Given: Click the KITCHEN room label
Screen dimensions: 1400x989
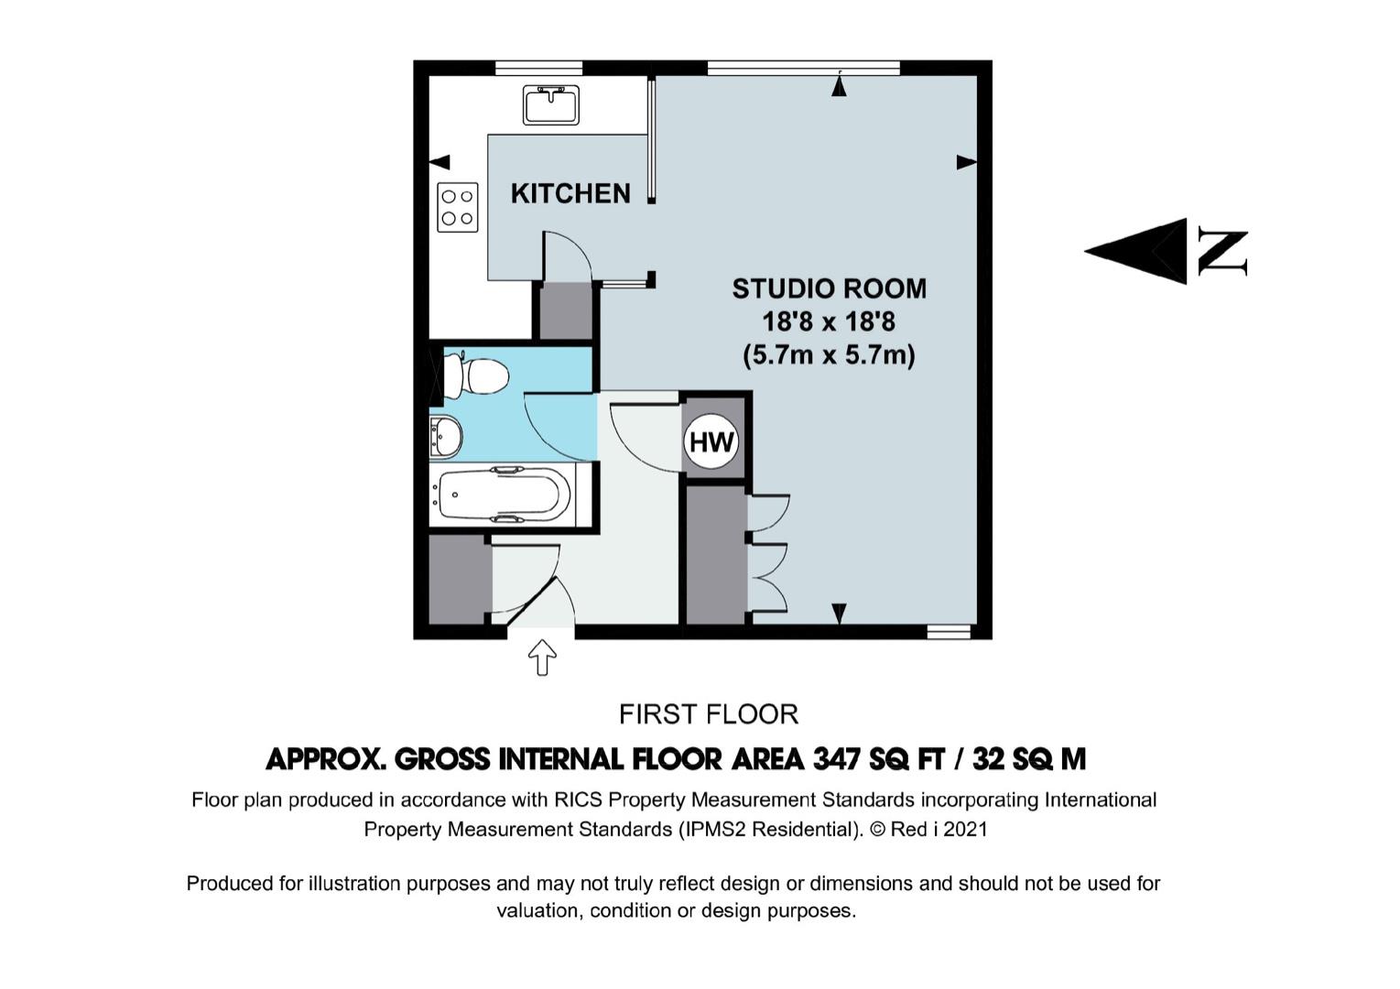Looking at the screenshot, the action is pos(570,193).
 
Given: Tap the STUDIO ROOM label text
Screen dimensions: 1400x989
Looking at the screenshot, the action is pos(830,288).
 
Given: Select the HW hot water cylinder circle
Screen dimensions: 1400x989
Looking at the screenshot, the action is pos(711,442).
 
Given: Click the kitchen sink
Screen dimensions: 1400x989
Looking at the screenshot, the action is pos(550,105).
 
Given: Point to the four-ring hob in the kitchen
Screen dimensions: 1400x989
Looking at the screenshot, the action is pos(458,207).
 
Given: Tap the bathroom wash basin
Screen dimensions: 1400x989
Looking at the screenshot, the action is pos(445,436).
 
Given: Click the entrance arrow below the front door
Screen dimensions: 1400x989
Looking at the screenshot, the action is pos(542,657).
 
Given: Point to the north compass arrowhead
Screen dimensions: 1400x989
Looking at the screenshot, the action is pos(1135,251).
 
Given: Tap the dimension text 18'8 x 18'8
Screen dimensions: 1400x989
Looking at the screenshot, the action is pos(829,322).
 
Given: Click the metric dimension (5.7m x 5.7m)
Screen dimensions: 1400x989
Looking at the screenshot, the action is pos(829,355).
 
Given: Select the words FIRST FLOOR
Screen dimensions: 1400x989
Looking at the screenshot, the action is pos(709,714).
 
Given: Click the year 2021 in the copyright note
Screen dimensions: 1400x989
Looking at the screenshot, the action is pos(966,829).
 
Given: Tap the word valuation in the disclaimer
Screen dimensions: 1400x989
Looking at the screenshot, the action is pos(539,910).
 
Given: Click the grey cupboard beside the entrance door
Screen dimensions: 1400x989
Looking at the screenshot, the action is pos(458,580).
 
